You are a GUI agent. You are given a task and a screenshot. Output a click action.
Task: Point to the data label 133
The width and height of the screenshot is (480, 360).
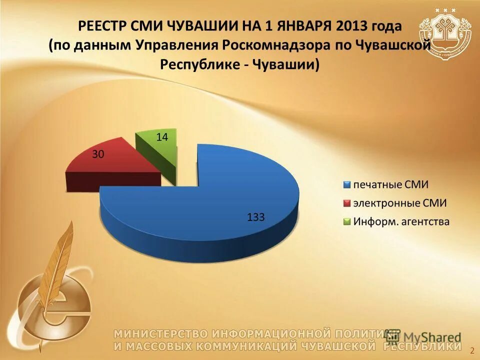point(255,216)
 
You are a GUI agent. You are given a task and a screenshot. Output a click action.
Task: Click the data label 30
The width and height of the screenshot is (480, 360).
point(98,154)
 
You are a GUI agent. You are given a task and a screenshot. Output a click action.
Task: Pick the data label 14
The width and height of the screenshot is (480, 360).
point(162,136)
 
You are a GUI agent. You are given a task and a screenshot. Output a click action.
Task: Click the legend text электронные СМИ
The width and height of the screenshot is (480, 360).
point(399,203)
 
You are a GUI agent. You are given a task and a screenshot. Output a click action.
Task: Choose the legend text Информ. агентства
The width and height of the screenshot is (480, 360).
point(401,221)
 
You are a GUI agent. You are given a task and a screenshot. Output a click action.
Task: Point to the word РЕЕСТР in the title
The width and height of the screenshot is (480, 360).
point(103,25)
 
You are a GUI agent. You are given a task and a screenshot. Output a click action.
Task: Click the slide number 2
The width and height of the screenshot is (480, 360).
point(472,348)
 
